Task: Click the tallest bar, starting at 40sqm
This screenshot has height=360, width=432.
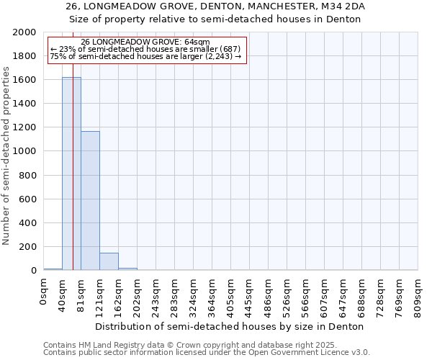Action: coord(71,174)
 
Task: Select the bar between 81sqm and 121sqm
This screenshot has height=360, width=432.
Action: coord(90,201)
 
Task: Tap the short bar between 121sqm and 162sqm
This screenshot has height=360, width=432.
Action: coord(109,261)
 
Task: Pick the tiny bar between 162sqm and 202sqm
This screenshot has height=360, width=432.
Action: coord(127,269)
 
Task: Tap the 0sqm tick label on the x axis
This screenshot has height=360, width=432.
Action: coord(44,292)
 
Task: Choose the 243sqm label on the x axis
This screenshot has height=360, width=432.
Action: coord(156,294)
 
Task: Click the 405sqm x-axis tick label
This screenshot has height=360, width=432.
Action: coord(231,294)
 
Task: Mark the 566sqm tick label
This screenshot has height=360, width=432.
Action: coord(306,294)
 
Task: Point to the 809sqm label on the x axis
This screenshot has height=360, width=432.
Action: coord(418,294)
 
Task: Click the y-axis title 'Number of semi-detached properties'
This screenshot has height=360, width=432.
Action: coord(7,156)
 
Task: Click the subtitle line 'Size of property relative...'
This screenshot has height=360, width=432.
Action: coord(215,19)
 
